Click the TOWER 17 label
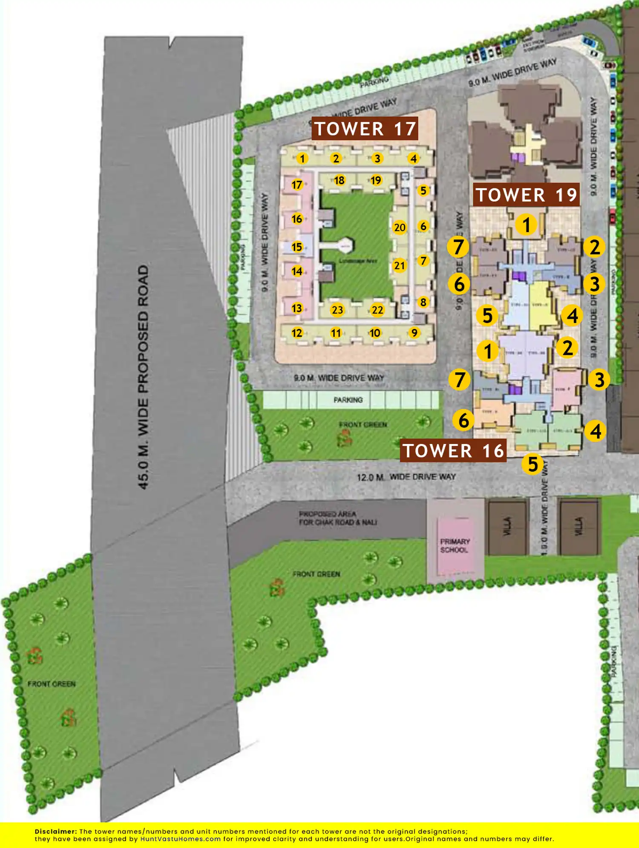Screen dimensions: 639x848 [365, 129]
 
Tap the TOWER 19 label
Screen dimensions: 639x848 [527, 195]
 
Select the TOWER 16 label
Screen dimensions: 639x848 [453, 451]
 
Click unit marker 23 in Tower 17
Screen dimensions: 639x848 [337, 310]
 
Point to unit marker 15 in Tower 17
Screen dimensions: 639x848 [297, 247]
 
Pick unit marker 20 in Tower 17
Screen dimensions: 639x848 [400, 228]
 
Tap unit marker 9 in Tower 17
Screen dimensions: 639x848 [414, 332]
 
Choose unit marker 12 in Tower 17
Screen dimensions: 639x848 [297, 333]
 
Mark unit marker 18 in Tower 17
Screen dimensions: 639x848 [339, 180]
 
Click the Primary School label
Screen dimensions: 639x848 [455, 546]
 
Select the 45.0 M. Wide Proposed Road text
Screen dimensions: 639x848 [143, 377]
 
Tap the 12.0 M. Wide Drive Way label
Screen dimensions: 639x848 [406, 477]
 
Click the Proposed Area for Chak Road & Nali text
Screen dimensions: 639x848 [338, 518]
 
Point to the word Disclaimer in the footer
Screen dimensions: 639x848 [55, 831]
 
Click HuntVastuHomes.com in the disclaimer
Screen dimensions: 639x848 [181, 839]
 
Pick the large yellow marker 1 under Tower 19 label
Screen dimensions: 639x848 [527, 225]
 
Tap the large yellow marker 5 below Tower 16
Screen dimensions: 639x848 [533, 464]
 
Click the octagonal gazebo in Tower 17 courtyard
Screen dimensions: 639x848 [345, 246]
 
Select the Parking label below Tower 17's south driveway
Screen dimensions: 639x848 [348, 400]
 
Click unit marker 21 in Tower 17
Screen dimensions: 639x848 [399, 265]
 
